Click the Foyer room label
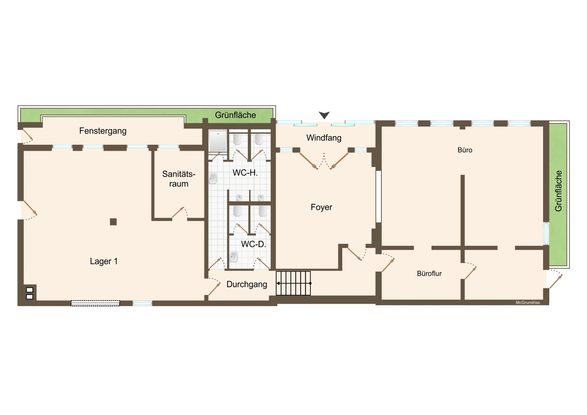(321, 207)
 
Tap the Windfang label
(324, 138)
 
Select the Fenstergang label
(103, 131)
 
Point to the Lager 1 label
(104, 261)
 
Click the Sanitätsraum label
(179, 179)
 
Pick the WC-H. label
(245, 173)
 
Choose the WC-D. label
(253, 244)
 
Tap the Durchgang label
(247, 284)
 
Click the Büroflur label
(429, 274)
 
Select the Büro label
(465, 150)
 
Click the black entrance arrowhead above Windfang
(324, 115)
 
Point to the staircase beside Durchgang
(293, 283)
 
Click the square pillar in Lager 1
(113, 222)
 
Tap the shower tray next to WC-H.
(218, 141)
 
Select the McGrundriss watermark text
(528, 303)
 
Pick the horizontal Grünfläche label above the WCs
(235, 115)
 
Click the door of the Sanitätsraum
(180, 213)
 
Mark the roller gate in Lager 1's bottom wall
(95, 303)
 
